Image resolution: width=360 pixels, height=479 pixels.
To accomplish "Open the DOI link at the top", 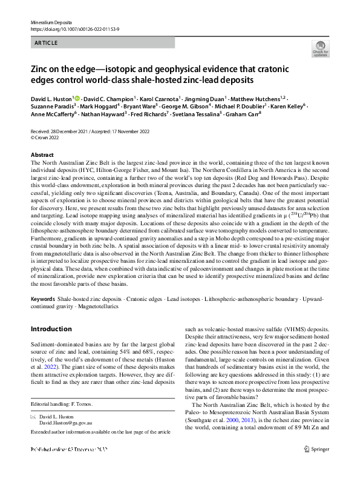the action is pyautogui.click(x=74, y=29).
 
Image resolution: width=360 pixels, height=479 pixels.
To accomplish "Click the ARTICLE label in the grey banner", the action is pyautogui.click(x=46, y=42).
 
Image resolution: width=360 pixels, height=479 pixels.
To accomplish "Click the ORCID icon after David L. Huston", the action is pyautogui.click(x=77, y=97).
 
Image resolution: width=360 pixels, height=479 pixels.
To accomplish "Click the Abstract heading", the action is pyautogui.click(x=42, y=155).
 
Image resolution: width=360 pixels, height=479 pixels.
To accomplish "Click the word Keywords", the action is pyautogui.click(x=42, y=299).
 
